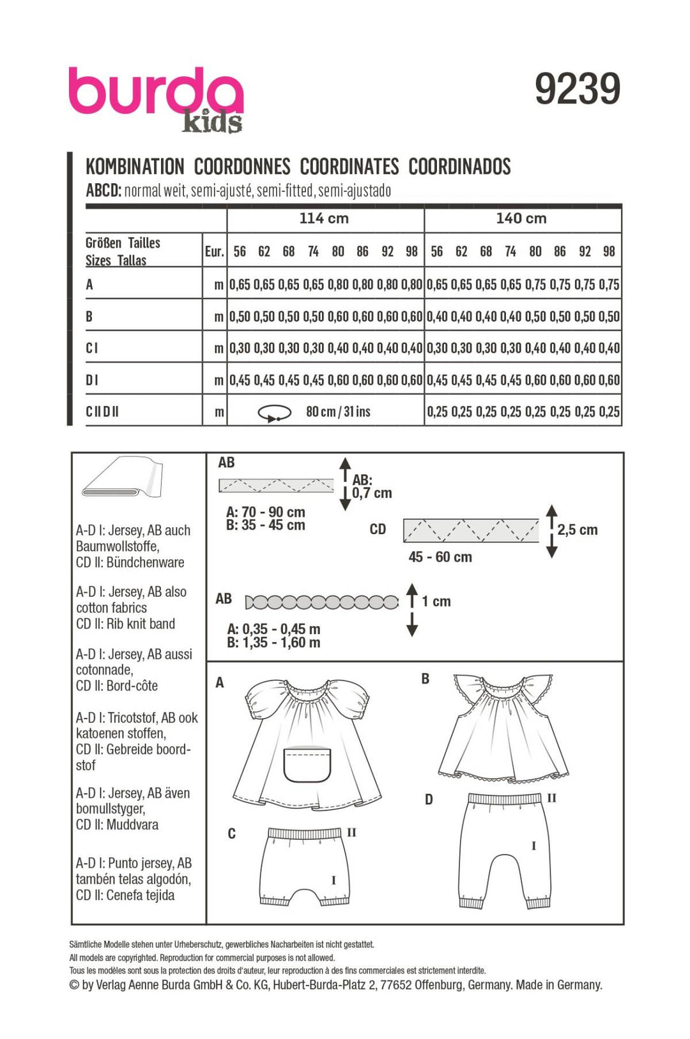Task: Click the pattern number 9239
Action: (577, 89)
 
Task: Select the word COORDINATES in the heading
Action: (349, 167)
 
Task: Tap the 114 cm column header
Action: (324, 218)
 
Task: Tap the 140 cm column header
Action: (521, 218)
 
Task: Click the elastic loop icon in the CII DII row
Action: (274, 414)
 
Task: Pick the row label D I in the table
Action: (92, 380)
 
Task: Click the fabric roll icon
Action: (122, 477)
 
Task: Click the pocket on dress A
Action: (307, 763)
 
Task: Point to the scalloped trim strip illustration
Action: (321, 601)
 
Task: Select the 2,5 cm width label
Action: (577, 530)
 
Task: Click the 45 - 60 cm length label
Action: (440, 557)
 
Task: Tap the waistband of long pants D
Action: (505, 798)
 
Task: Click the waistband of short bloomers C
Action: (304, 833)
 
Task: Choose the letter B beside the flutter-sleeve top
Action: (425, 679)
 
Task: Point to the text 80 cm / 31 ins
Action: (338, 412)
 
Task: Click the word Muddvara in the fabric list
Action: (132, 825)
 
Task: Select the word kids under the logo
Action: (212, 123)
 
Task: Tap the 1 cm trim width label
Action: (436, 601)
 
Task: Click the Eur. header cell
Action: (215, 251)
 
